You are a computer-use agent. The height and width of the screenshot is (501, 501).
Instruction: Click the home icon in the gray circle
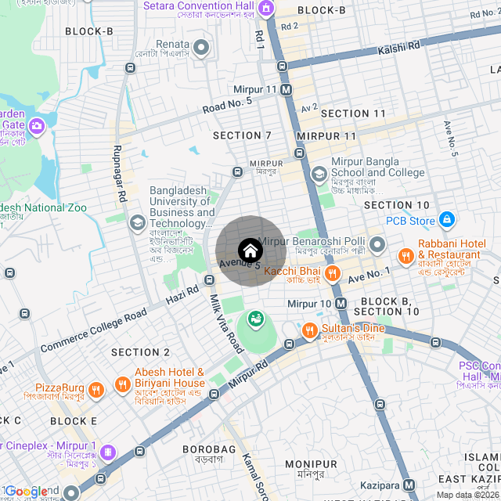click(x=250, y=251)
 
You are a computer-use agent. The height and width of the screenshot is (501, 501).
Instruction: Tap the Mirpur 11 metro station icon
click(x=287, y=89)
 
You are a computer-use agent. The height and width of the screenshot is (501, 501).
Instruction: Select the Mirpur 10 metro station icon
click(x=341, y=303)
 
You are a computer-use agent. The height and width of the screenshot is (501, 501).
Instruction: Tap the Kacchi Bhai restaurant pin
click(x=333, y=272)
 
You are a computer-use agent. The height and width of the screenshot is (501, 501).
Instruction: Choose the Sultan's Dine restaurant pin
click(x=309, y=330)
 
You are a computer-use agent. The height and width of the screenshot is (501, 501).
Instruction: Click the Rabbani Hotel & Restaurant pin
click(x=405, y=255)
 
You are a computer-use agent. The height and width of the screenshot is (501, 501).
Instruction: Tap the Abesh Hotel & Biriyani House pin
click(x=122, y=384)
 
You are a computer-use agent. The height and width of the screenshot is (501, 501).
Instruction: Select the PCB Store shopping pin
click(x=446, y=220)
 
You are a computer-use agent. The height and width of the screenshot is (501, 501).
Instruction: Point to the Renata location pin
click(x=201, y=49)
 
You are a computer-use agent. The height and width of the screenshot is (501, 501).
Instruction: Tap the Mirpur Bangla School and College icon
click(x=319, y=174)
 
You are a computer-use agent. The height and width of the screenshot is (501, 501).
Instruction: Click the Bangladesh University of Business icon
click(x=137, y=222)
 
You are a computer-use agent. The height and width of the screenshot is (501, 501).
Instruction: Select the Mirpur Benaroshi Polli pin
click(x=378, y=246)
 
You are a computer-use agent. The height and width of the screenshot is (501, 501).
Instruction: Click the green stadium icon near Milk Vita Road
click(x=255, y=319)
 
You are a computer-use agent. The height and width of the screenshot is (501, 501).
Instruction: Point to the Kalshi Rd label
click(x=399, y=48)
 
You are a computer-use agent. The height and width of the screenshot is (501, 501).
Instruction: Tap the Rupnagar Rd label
click(x=120, y=171)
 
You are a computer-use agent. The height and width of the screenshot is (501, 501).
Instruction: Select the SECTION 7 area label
click(x=242, y=135)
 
